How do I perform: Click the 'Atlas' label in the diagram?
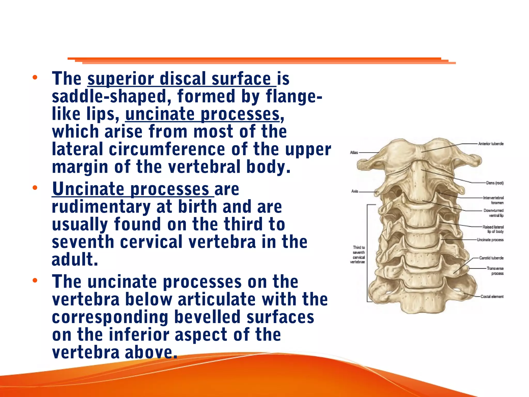[354, 152]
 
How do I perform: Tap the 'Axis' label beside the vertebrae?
[355, 191]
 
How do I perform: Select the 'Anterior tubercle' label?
[491, 144]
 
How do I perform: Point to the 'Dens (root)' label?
[495, 183]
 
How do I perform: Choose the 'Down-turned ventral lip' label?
[494, 213]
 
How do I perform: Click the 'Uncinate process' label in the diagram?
[490, 240]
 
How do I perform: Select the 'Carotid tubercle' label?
[491, 258]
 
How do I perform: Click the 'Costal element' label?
[492, 297]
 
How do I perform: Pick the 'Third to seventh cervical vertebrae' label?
[358, 255]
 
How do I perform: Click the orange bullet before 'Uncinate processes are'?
[35, 188]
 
